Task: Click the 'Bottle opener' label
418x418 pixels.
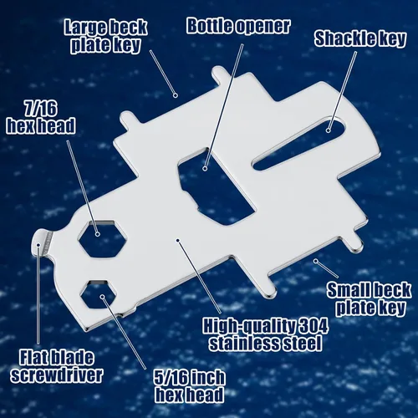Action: click(x=238, y=26)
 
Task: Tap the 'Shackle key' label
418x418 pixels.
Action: click(x=359, y=38)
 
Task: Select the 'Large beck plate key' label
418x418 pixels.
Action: click(x=105, y=36)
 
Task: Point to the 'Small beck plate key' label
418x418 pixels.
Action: click(x=370, y=298)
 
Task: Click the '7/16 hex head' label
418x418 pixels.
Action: click(x=41, y=117)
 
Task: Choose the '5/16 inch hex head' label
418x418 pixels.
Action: click(x=190, y=386)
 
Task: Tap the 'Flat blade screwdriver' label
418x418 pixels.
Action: click(x=57, y=367)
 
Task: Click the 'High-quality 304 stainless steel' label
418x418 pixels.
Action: click(x=265, y=335)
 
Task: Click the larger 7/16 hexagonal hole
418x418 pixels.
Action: click(x=102, y=238)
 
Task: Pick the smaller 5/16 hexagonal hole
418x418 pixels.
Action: click(x=99, y=294)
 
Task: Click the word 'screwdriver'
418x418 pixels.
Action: click(x=57, y=375)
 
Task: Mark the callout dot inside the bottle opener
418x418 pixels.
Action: click(x=205, y=168)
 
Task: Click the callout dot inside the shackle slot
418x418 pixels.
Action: click(x=329, y=130)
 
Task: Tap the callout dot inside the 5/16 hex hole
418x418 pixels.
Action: click(x=103, y=297)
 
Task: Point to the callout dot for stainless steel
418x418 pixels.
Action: click(x=177, y=240)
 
